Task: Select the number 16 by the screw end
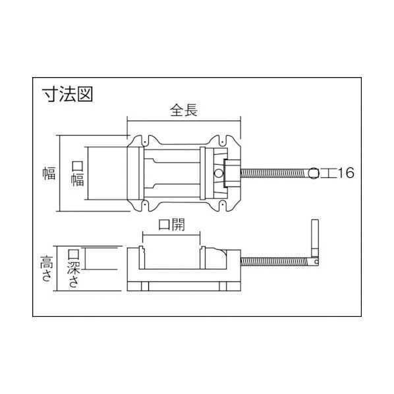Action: click(346, 173)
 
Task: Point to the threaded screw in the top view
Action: click(277, 173)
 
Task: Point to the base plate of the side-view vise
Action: click(184, 287)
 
